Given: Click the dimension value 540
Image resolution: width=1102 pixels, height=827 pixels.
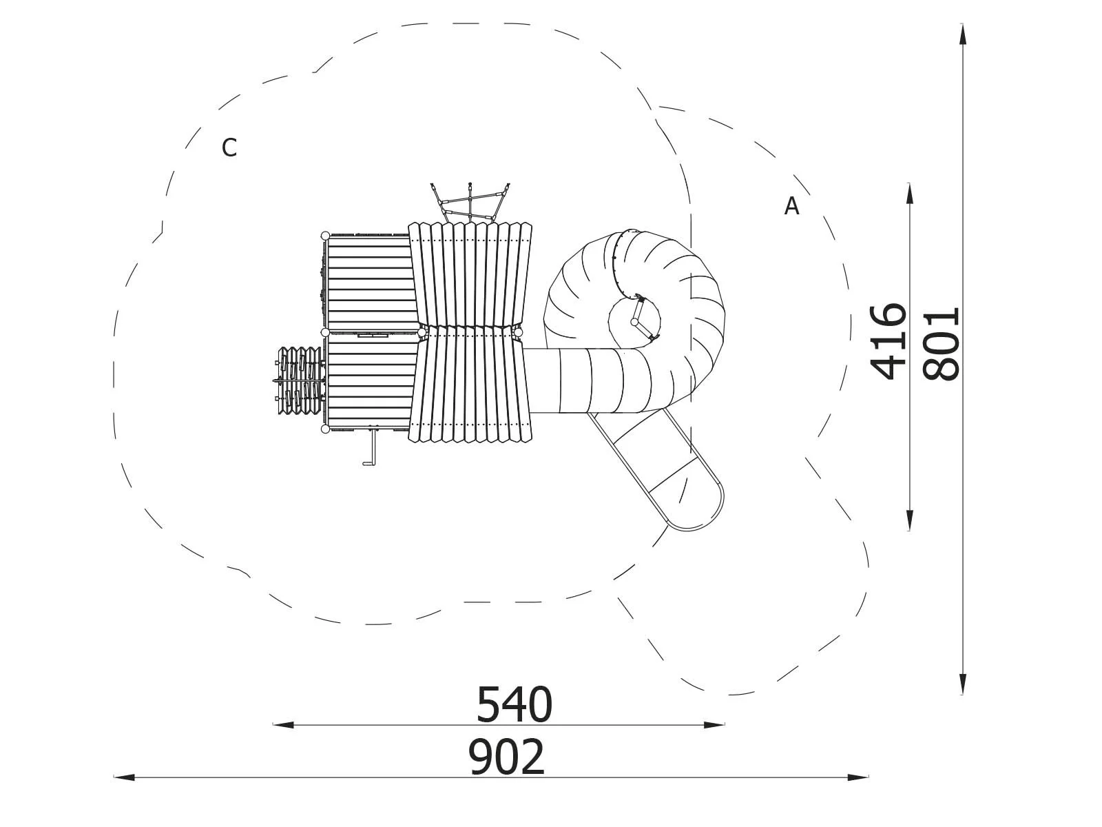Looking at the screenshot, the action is click(514, 705).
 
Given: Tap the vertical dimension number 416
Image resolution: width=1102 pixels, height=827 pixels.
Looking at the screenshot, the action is click(888, 341).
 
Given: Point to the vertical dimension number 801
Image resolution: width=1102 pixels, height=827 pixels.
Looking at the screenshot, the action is click(941, 344).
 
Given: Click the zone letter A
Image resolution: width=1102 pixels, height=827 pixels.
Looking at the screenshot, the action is click(791, 206).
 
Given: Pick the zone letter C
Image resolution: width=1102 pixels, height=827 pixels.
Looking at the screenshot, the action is click(229, 147).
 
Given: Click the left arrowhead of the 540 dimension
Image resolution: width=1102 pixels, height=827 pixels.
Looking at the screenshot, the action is click(283, 724).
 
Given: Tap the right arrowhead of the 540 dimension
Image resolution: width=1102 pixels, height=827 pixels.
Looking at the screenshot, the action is click(714, 724).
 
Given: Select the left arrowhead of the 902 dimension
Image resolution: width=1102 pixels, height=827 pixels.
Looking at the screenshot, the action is click(125, 777).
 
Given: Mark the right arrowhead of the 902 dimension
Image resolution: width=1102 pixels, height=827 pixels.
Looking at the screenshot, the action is click(858, 777).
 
